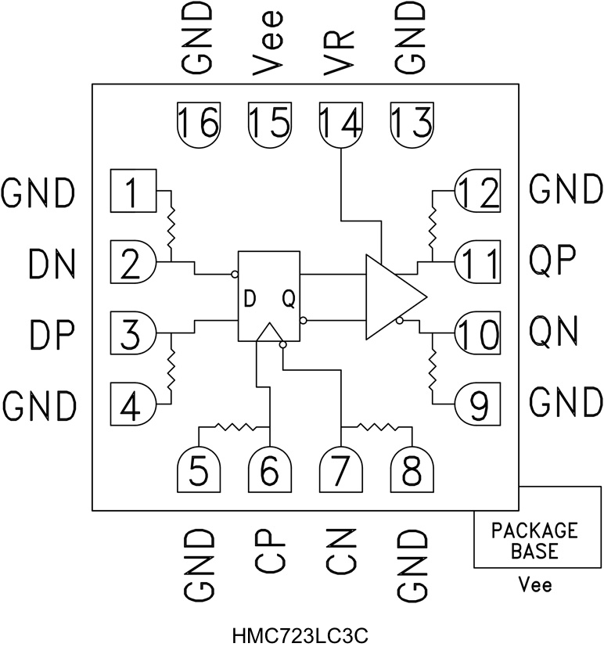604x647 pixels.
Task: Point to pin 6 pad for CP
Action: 269,470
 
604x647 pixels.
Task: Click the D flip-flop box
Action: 269,297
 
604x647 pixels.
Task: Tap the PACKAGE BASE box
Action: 534,541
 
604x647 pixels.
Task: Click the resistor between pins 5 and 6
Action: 235,427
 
